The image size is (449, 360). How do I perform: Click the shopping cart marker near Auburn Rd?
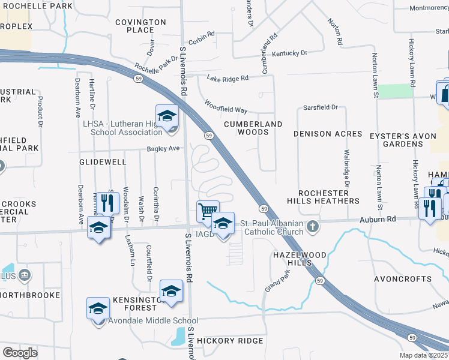208,211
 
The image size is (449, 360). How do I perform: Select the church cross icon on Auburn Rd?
312,227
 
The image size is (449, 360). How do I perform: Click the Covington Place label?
141,26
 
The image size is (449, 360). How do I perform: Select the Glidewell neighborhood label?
103,162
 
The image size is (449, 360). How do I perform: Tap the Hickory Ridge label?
234,341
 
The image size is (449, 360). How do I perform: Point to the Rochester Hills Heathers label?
328,197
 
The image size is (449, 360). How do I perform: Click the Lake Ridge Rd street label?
228,79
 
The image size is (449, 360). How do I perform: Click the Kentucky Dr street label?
289,53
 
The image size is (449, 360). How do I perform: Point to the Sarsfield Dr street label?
321,107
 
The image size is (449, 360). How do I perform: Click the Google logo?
20,352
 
